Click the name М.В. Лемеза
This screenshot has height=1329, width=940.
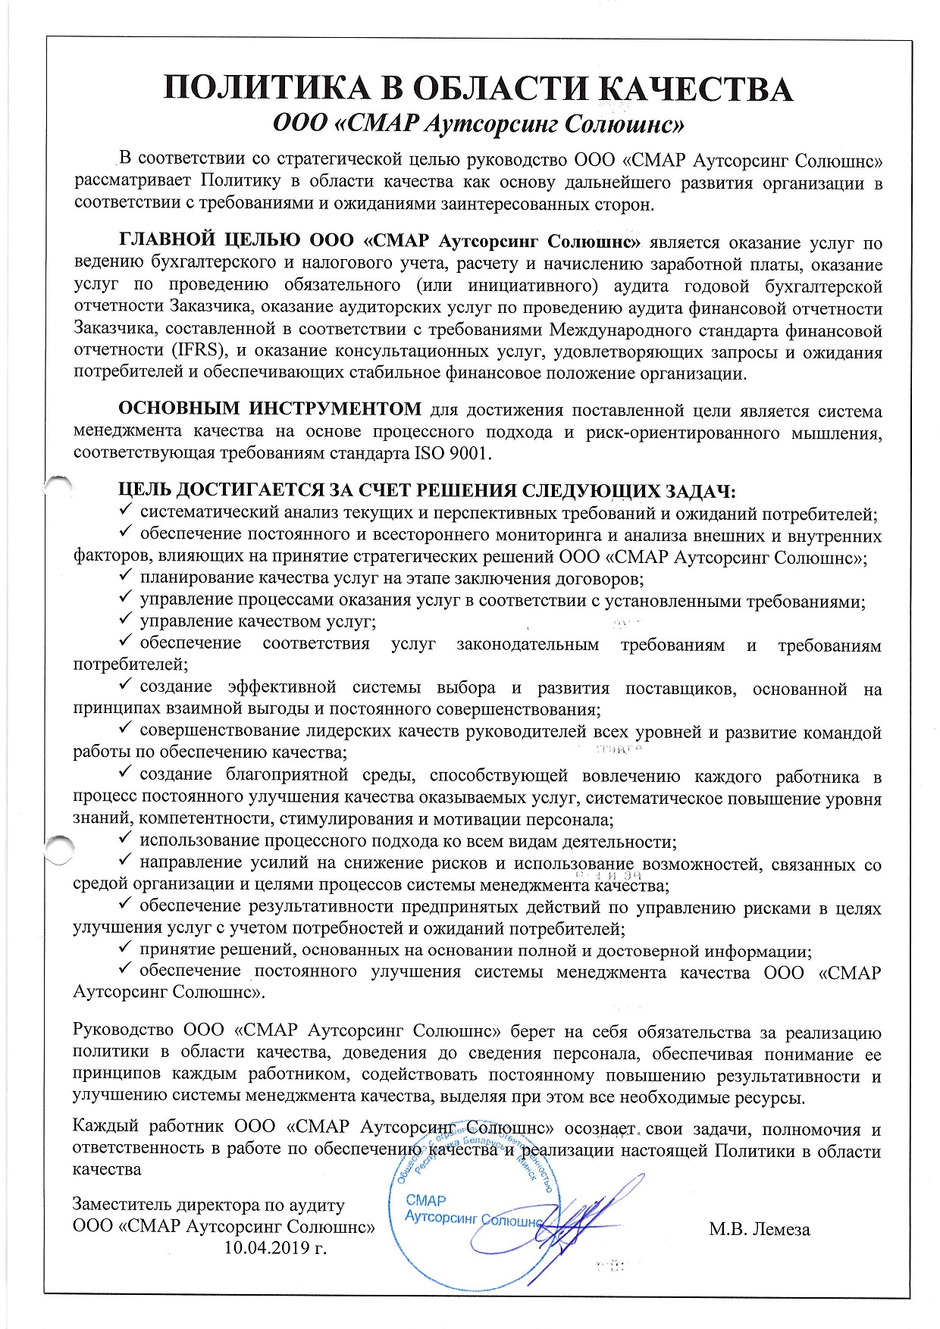pyautogui.click(x=760, y=1229)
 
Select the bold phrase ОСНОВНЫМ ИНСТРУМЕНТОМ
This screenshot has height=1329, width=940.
pyautogui.click(x=270, y=410)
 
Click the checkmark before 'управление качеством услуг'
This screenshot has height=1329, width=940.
pyautogui.click(x=127, y=620)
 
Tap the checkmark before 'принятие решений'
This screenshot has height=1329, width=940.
pyautogui.click(x=127, y=949)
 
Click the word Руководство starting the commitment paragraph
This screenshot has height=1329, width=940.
pyautogui.click(x=121, y=1032)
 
